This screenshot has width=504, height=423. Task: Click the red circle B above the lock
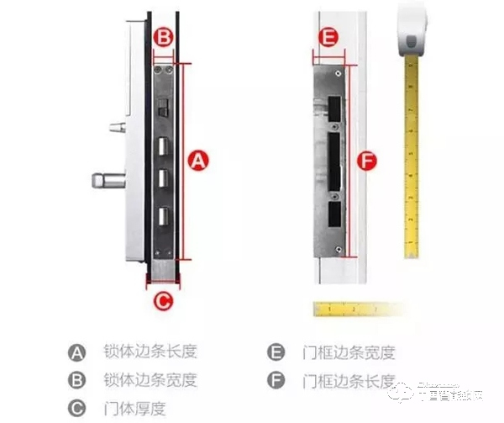coord(165,37)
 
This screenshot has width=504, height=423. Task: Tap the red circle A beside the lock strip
coord(197,161)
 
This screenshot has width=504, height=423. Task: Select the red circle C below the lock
coord(165,298)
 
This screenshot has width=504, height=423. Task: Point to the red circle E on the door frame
coord(329,37)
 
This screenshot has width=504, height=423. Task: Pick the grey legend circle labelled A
coord(78,352)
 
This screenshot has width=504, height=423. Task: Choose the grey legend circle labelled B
coord(78,380)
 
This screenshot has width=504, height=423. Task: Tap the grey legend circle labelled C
coord(78,409)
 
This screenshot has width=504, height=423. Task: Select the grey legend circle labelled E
coord(275,352)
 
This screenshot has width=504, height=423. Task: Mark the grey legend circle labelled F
coord(275,380)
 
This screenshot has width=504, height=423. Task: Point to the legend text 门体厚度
coord(134,409)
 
